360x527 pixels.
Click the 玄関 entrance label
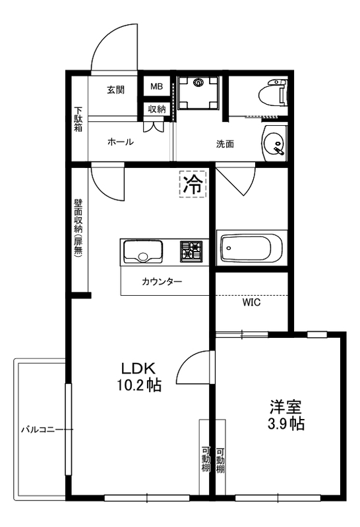point(116,90)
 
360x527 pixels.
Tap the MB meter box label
point(156,87)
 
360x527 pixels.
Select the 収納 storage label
point(156,109)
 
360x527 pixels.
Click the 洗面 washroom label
point(225,144)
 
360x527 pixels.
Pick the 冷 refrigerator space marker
point(193,184)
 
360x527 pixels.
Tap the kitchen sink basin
point(142,252)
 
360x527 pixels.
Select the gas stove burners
point(193,251)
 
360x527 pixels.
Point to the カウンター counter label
point(162,282)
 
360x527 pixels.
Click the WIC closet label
point(251,304)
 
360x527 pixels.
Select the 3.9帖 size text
point(285,424)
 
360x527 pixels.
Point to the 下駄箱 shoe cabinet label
point(78,119)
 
